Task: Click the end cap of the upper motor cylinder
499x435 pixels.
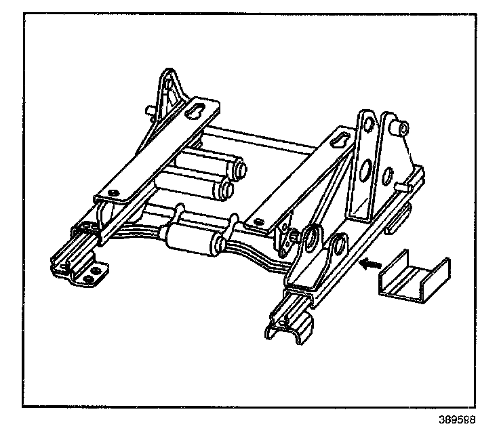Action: tap(239, 166)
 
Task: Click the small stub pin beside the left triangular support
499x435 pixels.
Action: tap(148, 110)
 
